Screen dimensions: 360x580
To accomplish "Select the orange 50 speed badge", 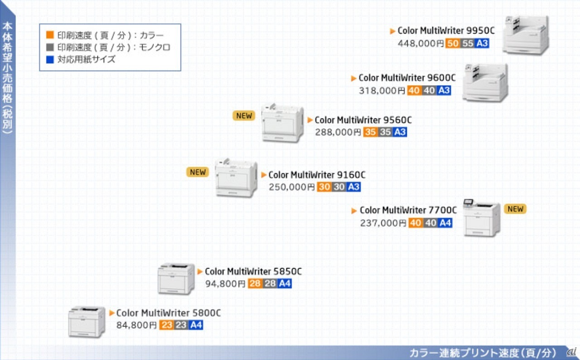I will (452, 43).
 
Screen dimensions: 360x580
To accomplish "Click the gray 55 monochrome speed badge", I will (467, 43).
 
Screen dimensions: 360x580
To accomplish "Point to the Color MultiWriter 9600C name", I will (407, 78).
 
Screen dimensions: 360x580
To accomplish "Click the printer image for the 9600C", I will (485, 82).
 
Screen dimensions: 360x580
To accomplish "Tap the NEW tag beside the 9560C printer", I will (244, 115).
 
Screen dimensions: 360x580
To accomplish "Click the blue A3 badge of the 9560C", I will (400, 132).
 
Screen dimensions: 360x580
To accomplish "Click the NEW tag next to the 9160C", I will (198, 172).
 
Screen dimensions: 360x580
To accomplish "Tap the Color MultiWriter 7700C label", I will (408, 210).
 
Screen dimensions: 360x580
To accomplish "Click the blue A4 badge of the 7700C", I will (445, 223).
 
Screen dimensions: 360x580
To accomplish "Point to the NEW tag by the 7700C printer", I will (515, 209).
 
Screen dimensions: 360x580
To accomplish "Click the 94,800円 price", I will (225, 284).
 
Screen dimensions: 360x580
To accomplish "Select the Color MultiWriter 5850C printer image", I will (176, 278).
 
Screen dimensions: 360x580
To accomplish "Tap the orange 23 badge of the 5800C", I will (166, 325).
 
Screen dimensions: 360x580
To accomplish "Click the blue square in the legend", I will (50, 59).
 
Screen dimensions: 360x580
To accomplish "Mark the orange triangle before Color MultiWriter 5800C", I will (112, 313).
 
